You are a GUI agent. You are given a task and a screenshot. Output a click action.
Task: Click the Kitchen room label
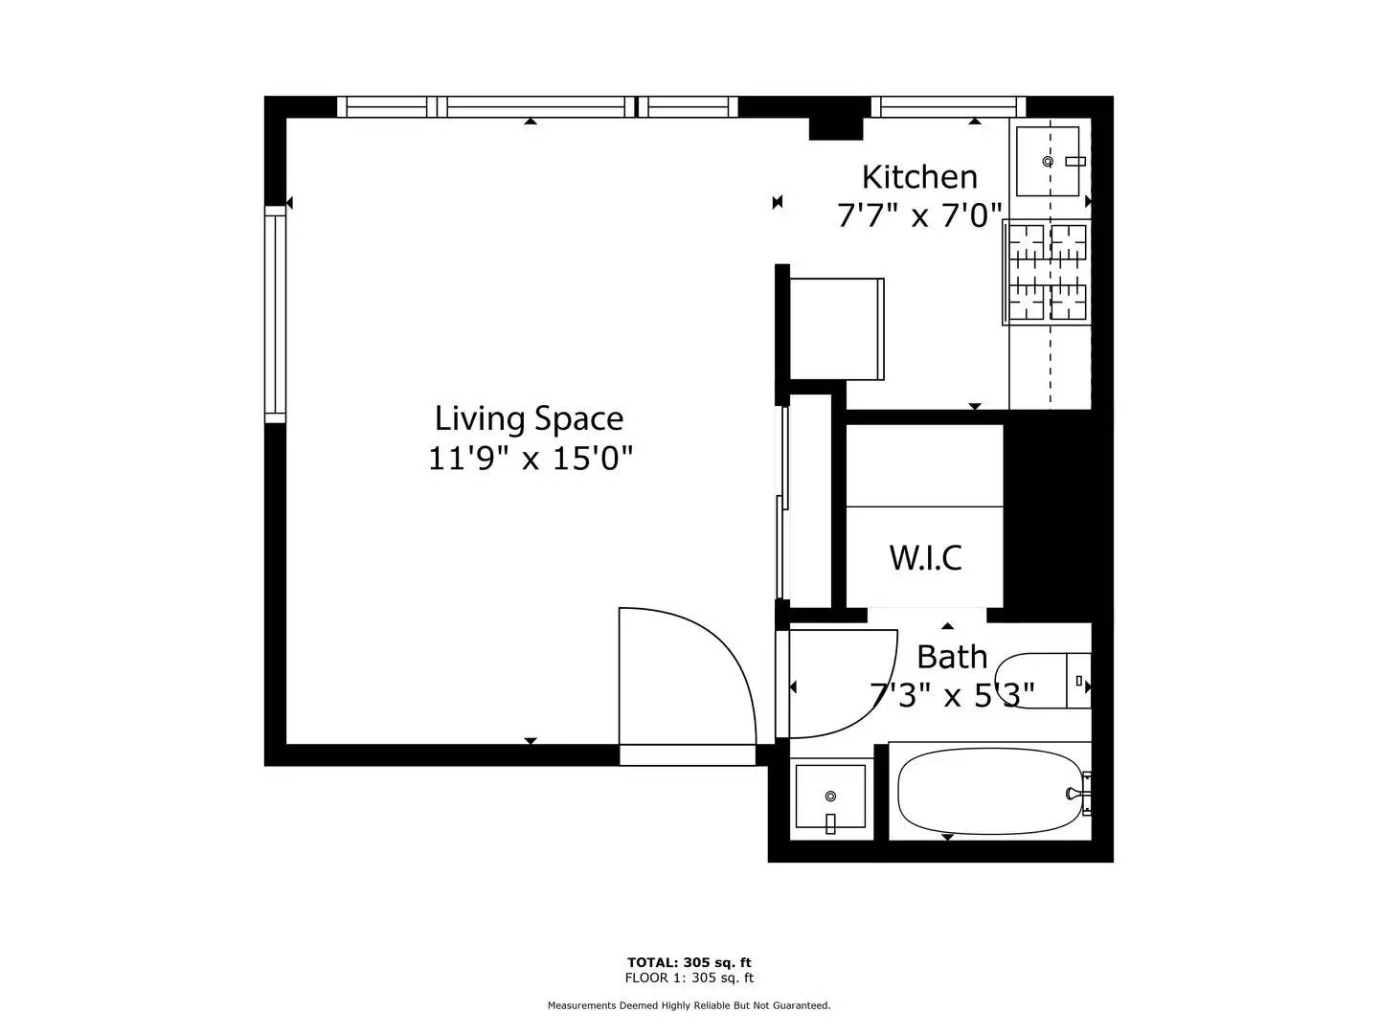point(919,177)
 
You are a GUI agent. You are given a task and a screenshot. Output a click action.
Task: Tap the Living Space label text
point(529,418)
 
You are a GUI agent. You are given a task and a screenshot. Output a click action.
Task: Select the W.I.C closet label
point(925,557)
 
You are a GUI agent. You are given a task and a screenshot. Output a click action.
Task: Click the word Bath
point(952,658)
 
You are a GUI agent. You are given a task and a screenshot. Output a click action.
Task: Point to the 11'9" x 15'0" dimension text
point(531,459)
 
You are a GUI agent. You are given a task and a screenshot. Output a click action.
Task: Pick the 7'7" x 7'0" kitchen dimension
point(919,216)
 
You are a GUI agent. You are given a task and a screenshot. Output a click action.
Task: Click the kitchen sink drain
point(1048,162)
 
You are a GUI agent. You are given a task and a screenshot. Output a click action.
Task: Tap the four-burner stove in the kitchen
point(1046,272)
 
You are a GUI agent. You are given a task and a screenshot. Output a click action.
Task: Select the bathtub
point(990,792)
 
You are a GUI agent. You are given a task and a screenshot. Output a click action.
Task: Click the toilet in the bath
point(1044,681)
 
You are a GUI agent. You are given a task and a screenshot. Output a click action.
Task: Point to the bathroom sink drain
point(830,796)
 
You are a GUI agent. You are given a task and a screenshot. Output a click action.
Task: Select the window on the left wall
point(275,314)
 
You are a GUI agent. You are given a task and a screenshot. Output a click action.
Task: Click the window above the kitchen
point(948,106)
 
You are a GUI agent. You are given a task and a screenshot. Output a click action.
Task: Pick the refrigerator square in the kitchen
point(837,329)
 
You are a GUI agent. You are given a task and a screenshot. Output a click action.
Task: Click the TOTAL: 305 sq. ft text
point(689,962)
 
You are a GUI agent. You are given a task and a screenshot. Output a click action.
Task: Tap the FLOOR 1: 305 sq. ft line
point(689,978)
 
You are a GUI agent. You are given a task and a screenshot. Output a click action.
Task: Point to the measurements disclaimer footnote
point(689,1005)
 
